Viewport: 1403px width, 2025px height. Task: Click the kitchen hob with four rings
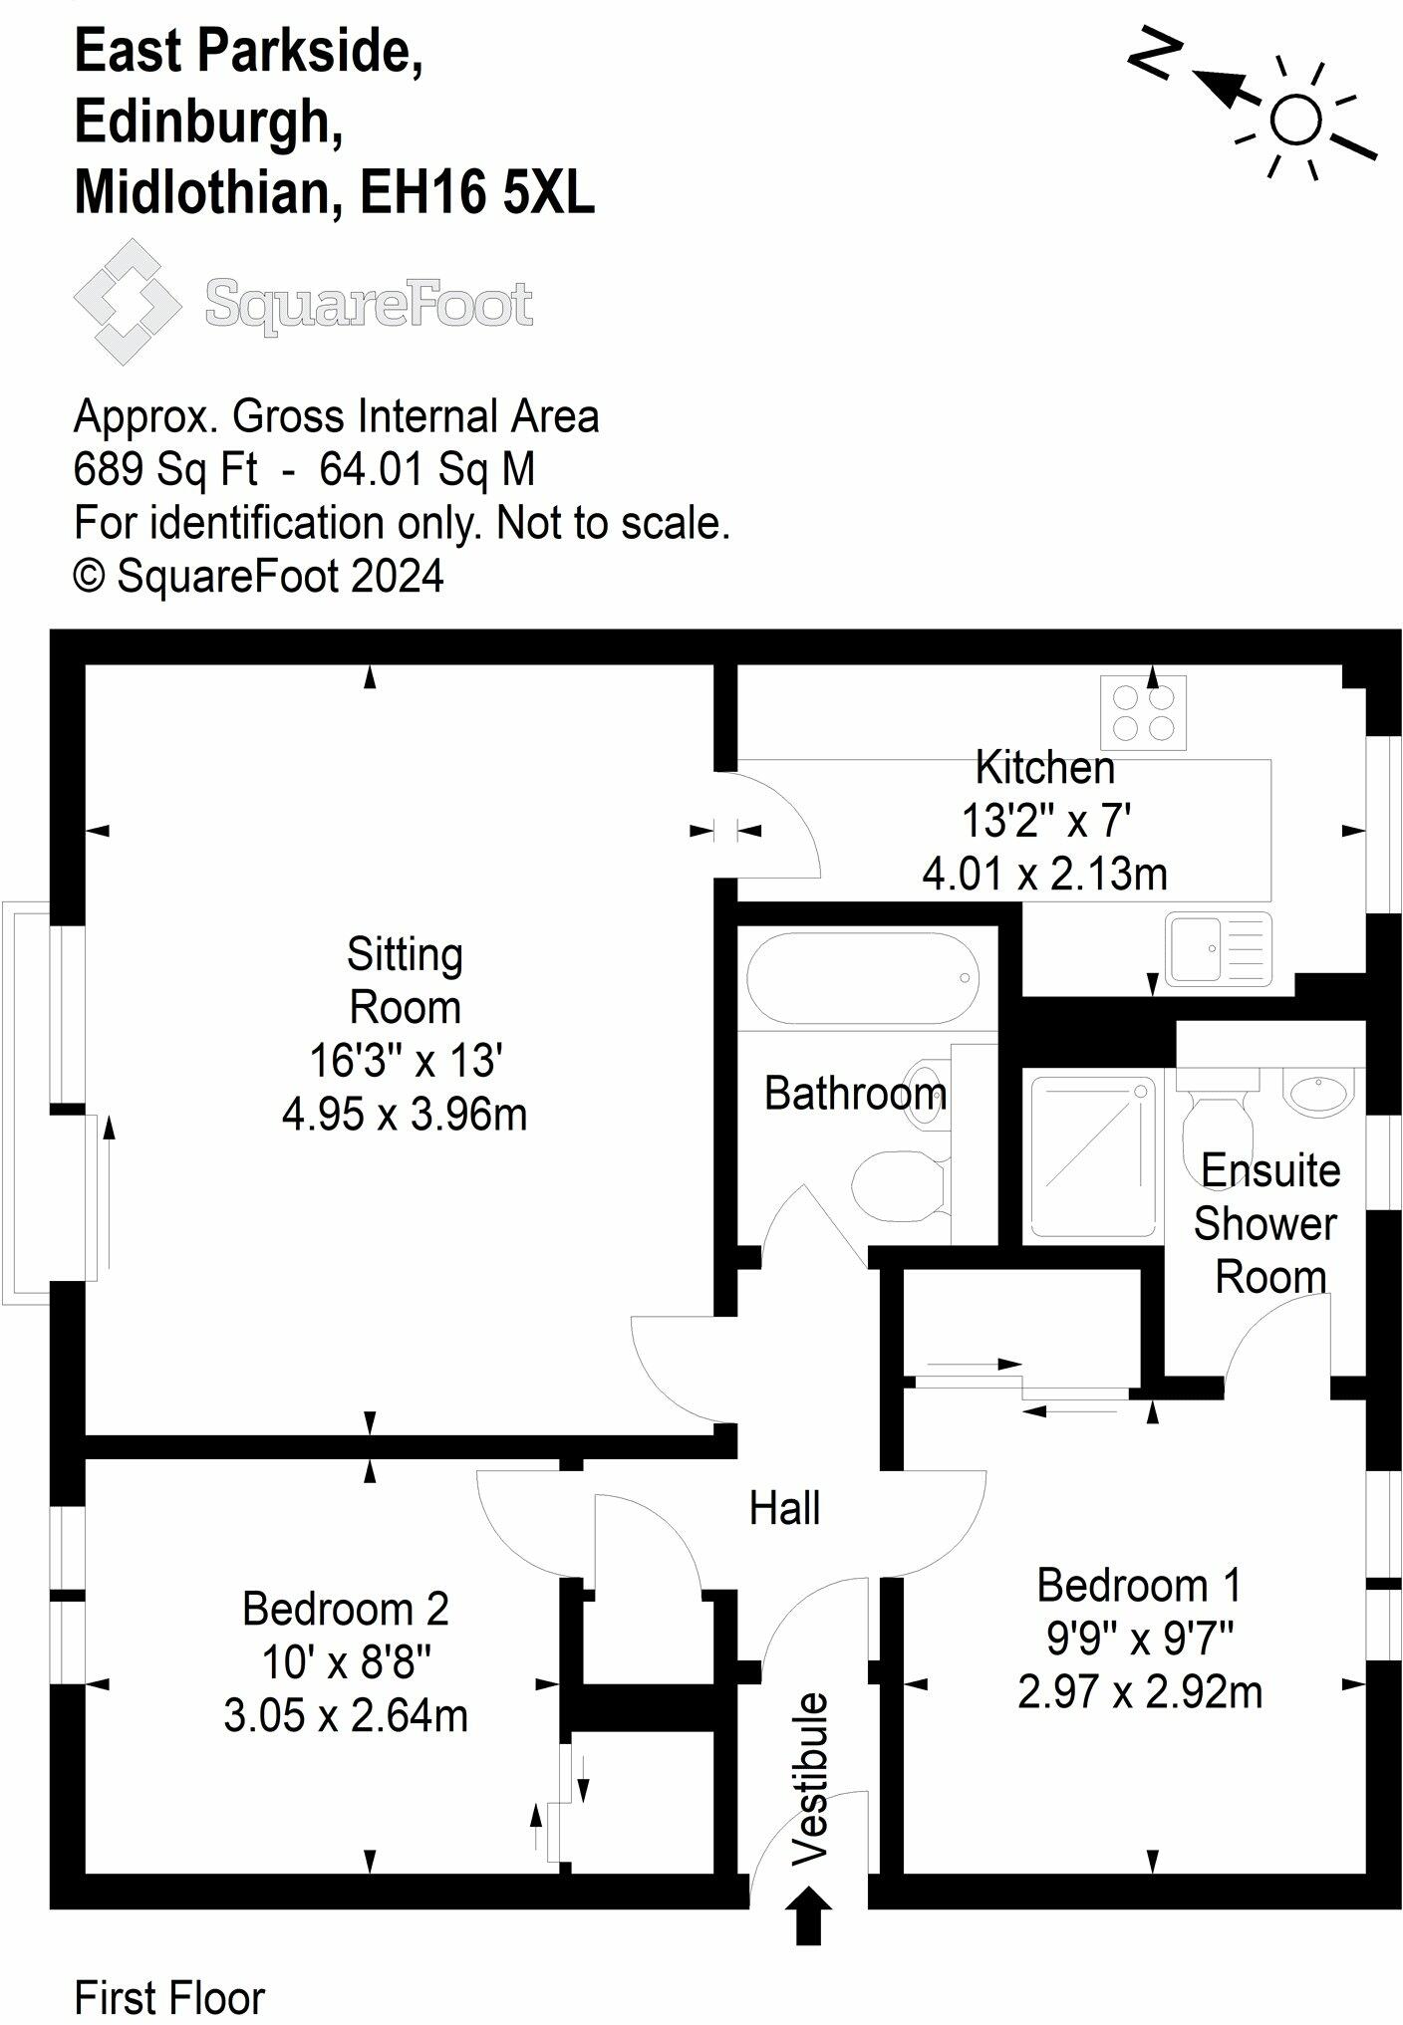click(1144, 712)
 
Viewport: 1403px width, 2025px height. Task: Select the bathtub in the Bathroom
click(862, 978)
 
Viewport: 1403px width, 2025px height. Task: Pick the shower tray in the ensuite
click(1092, 1156)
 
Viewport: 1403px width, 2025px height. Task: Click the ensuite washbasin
click(1318, 1092)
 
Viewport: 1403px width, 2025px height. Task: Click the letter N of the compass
click(1155, 54)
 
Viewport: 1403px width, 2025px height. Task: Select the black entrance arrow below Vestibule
click(808, 1914)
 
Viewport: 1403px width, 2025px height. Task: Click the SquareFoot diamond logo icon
click(128, 302)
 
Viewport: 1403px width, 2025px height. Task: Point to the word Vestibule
click(809, 1777)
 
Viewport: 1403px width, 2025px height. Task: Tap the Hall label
click(784, 1509)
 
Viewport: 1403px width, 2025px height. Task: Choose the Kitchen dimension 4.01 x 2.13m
click(1044, 874)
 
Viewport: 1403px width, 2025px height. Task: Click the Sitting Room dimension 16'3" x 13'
click(406, 1061)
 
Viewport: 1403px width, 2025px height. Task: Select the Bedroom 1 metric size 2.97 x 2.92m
click(1140, 1692)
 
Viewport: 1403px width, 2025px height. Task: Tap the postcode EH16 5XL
click(476, 192)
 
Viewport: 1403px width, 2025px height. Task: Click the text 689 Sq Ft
click(165, 469)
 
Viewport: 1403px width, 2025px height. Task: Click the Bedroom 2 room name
click(346, 1609)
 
